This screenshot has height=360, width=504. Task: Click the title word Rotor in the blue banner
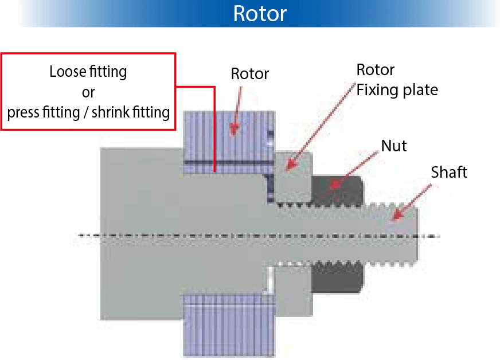[260, 13]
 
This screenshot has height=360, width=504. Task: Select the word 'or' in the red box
[88, 92]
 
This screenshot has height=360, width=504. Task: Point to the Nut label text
[394, 146]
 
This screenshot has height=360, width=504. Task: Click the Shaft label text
[449, 172]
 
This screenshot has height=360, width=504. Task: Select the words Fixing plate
[397, 90]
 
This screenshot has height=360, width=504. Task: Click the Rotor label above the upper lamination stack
[250, 74]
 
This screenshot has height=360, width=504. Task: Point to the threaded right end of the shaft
[396, 235]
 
